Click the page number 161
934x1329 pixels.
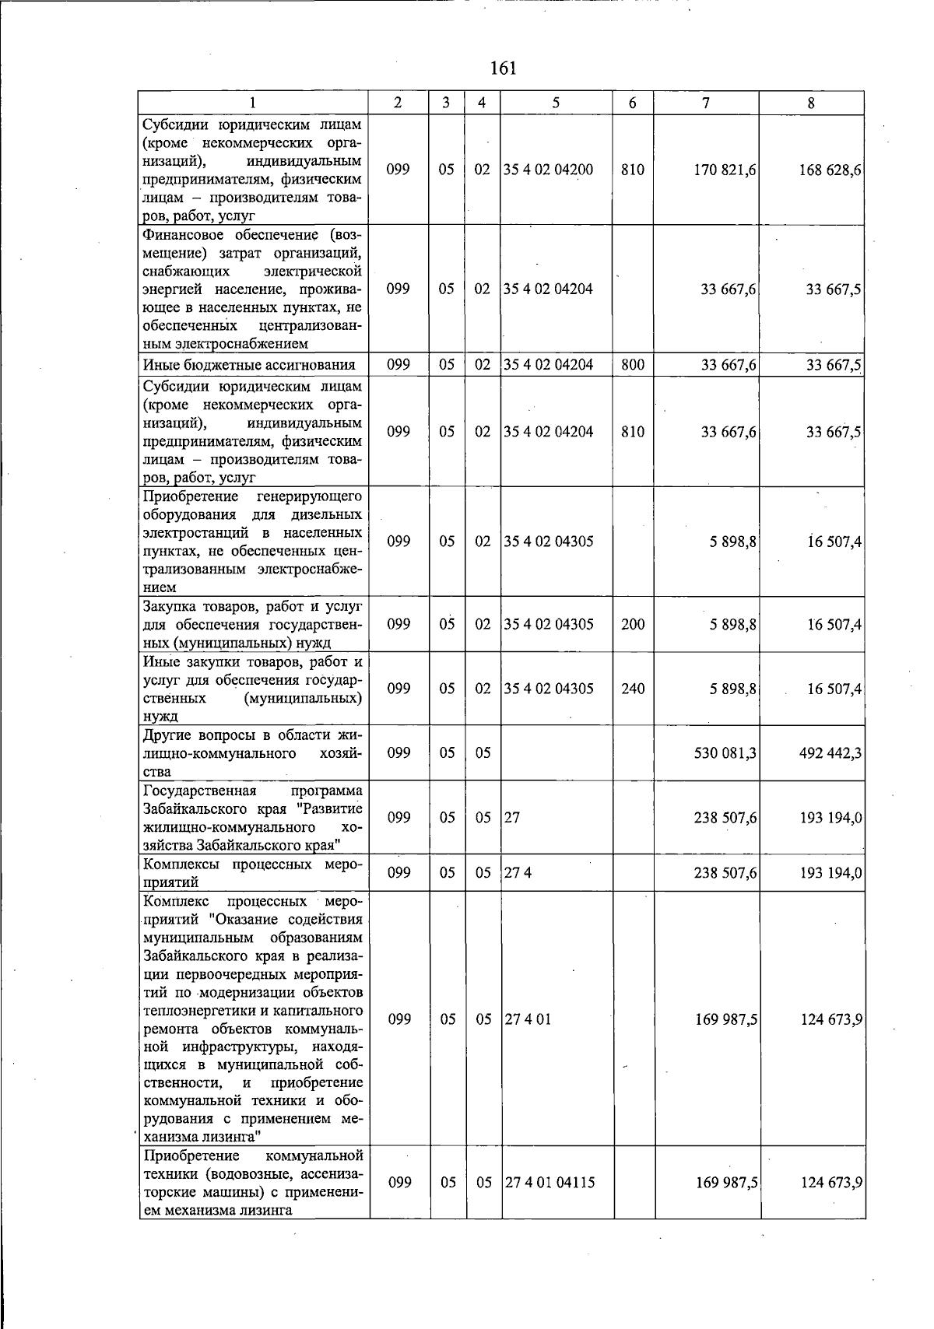[x=504, y=68]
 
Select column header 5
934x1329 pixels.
[x=556, y=103]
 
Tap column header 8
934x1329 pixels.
[x=811, y=103]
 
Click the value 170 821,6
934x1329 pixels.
[x=725, y=170]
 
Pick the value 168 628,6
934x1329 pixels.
[x=830, y=170]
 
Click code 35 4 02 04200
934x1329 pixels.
[x=548, y=170]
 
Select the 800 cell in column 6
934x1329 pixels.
[x=633, y=364]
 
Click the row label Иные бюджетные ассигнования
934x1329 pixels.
[x=249, y=365]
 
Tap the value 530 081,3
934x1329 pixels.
[x=725, y=753]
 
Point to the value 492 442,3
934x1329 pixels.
[x=830, y=753]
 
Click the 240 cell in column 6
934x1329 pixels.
[x=633, y=689]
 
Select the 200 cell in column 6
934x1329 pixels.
[x=633, y=624]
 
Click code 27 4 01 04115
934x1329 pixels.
[x=550, y=1183]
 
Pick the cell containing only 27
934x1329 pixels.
[x=511, y=818]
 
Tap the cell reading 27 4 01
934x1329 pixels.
[x=528, y=1019]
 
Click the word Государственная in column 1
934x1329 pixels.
[x=200, y=791]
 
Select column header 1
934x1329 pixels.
[x=254, y=103]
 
